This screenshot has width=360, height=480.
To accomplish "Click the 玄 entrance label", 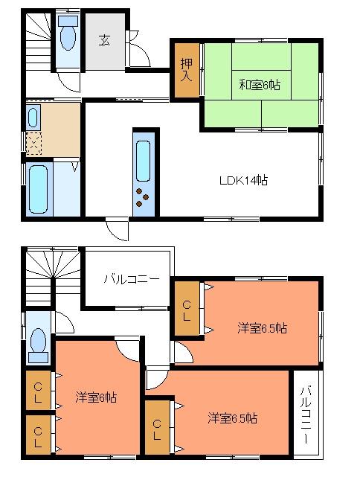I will coord(103,40).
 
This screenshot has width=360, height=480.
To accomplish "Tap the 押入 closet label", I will coord(186,71).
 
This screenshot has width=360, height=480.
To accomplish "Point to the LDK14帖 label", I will coord(242,179).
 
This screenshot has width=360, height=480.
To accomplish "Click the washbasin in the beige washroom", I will coord(33,116).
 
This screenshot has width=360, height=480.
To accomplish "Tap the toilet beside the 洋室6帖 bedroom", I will coord(37,342).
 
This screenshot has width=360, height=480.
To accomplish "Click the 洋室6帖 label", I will coord(97,397).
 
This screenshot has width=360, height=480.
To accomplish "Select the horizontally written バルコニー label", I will coord(131,280).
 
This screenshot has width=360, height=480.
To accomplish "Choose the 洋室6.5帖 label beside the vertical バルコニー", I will coord(233,418).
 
